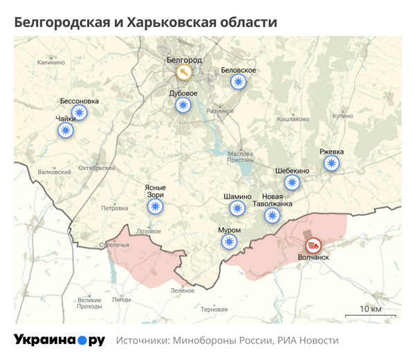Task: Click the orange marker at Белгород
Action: point(183,72)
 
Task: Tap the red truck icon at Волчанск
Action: point(313,245)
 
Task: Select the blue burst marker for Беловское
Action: point(239,82)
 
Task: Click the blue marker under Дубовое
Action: point(183,105)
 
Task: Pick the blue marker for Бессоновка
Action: point(80,113)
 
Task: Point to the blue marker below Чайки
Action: point(66,130)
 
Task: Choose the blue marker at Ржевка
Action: point(332,163)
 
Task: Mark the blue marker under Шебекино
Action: point(292,183)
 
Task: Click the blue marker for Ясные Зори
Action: point(155,206)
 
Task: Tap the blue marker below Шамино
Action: point(237,208)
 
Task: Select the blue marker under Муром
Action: point(229,242)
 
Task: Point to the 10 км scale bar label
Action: point(370,309)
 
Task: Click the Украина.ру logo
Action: point(59,340)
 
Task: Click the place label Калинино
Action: point(50,62)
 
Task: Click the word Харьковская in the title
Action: point(165,22)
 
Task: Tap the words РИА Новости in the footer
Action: point(308,341)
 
